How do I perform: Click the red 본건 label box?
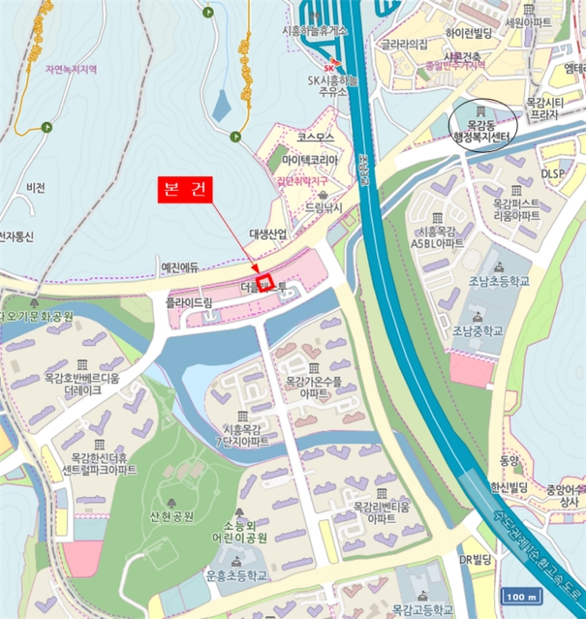[186, 190]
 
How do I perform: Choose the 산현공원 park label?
[172, 516]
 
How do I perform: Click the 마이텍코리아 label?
[310, 159]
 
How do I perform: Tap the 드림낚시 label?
[323, 208]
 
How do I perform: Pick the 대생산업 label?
[268, 233]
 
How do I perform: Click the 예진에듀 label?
[179, 266]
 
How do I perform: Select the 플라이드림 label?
[189, 302]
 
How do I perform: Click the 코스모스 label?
[316, 138]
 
